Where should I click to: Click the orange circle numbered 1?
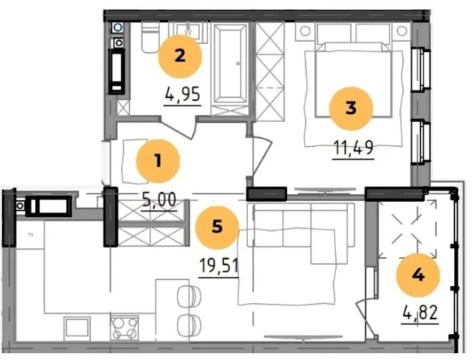click(x=158, y=161)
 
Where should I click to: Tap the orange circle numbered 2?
click(x=180, y=56)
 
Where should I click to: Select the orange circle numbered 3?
click(x=351, y=109)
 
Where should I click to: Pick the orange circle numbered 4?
click(x=418, y=275)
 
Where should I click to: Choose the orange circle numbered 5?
click(x=217, y=227)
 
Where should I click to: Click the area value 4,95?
click(x=182, y=94)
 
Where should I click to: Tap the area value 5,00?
click(x=159, y=200)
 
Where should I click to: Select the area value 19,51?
click(x=219, y=266)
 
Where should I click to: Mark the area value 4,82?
click(x=420, y=313)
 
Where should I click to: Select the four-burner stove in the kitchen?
click(x=124, y=328)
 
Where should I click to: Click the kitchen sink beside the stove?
click(x=77, y=327)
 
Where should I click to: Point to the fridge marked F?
click(x=30, y=233)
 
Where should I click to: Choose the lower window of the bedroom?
click(x=421, y=142)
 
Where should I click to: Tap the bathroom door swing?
click(x=177, y=128)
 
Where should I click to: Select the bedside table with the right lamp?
click(x=402, y=31)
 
